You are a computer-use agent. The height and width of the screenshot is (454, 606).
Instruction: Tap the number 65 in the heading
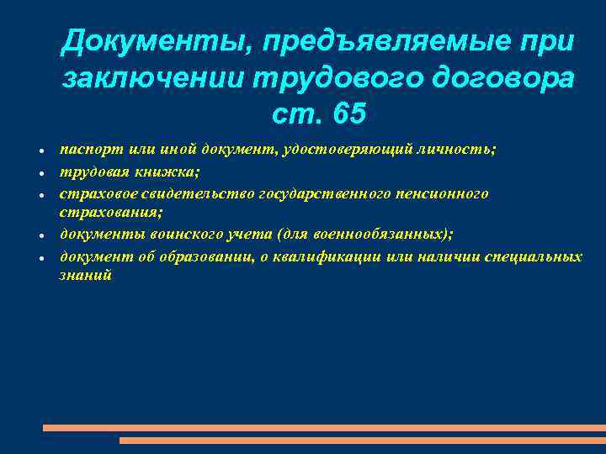[348, 112]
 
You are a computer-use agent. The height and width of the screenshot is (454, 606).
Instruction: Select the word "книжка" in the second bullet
[169, 171]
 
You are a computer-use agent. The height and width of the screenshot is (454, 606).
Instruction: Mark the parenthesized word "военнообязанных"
[388, 235]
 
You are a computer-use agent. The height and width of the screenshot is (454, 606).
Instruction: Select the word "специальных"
[533, 256]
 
